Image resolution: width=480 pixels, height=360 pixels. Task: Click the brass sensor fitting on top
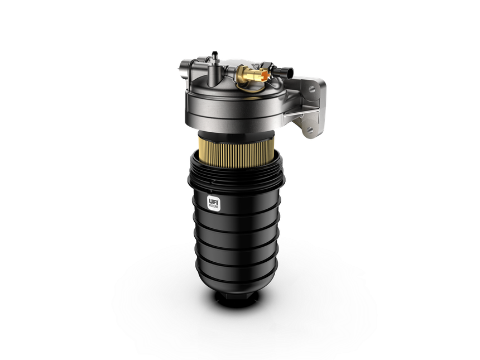[x=246, y=73]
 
